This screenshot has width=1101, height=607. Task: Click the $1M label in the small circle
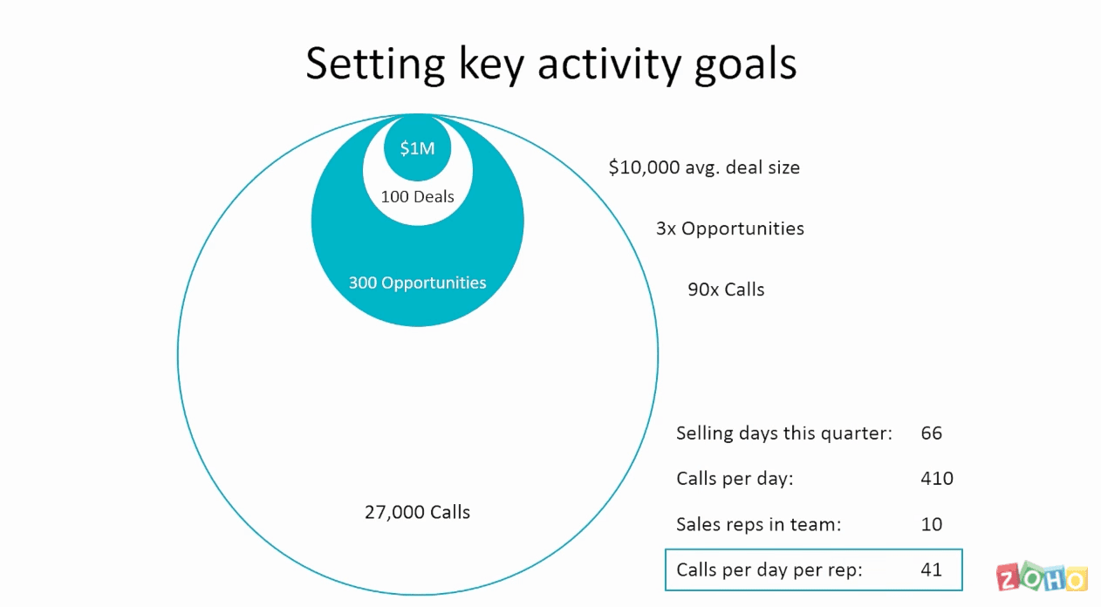417,148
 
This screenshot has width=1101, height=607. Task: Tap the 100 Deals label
417,196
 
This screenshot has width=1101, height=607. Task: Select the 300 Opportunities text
417,283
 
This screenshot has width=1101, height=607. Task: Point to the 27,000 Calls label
417,512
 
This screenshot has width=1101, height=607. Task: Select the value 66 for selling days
932,433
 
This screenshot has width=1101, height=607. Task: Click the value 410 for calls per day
937,478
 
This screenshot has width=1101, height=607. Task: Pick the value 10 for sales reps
932,524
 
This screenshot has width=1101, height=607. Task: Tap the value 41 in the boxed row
932,569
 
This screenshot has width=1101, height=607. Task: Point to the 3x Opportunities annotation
730,228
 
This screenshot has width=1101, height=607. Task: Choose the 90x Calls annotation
726,290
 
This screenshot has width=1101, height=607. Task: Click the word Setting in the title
375,64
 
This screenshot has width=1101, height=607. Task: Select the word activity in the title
610,65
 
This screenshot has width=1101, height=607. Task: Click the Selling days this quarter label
784,433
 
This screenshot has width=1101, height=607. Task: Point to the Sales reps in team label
759,524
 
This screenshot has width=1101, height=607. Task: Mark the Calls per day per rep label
769,570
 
